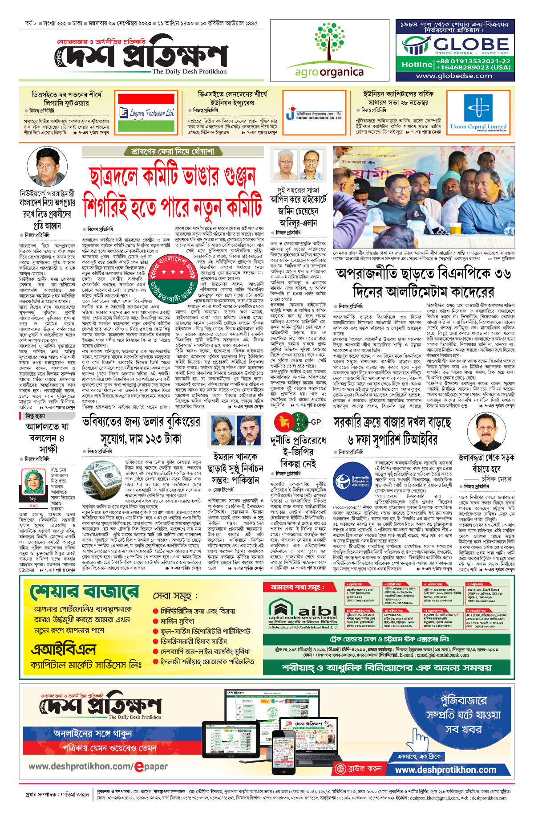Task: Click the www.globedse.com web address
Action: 454,76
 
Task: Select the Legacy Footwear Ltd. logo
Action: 146,113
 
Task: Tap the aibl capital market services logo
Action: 303,613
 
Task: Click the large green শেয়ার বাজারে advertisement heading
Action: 85,591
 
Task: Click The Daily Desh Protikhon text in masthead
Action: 189,71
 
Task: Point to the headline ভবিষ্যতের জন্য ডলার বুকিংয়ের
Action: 141,421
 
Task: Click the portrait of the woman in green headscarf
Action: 32,482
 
